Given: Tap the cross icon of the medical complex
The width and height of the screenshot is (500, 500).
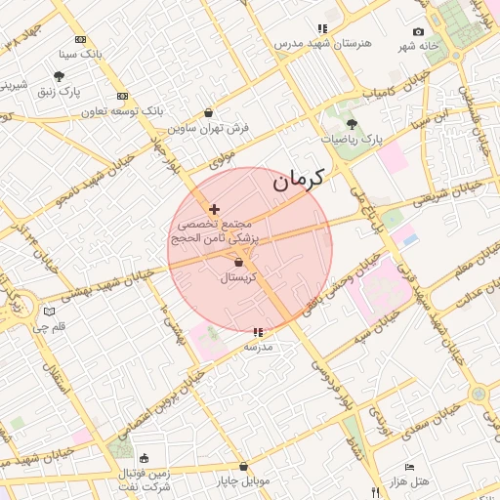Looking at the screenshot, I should click(215, 209).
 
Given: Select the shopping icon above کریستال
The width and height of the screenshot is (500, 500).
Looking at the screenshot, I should click(239, 263).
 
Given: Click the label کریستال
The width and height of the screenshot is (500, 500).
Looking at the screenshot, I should click(239, 278).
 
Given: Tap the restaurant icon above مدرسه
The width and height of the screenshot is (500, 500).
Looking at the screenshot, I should click(258, 333).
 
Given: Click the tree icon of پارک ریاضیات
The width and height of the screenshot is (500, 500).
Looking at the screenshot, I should click(352, 124).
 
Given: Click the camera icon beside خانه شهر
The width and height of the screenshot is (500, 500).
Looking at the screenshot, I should click(419, 32).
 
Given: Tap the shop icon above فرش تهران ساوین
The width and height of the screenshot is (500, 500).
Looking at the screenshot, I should click(208, 112).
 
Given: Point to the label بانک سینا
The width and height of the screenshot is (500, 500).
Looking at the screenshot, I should click(80, 54).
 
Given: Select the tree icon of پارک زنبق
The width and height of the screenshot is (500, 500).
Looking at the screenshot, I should click(60, 76).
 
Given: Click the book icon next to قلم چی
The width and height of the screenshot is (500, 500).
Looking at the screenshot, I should click(50, 312).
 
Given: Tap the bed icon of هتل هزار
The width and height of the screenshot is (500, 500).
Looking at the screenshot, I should click(409, 467).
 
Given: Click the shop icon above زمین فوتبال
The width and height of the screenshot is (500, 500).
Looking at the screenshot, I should click(145, 458).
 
